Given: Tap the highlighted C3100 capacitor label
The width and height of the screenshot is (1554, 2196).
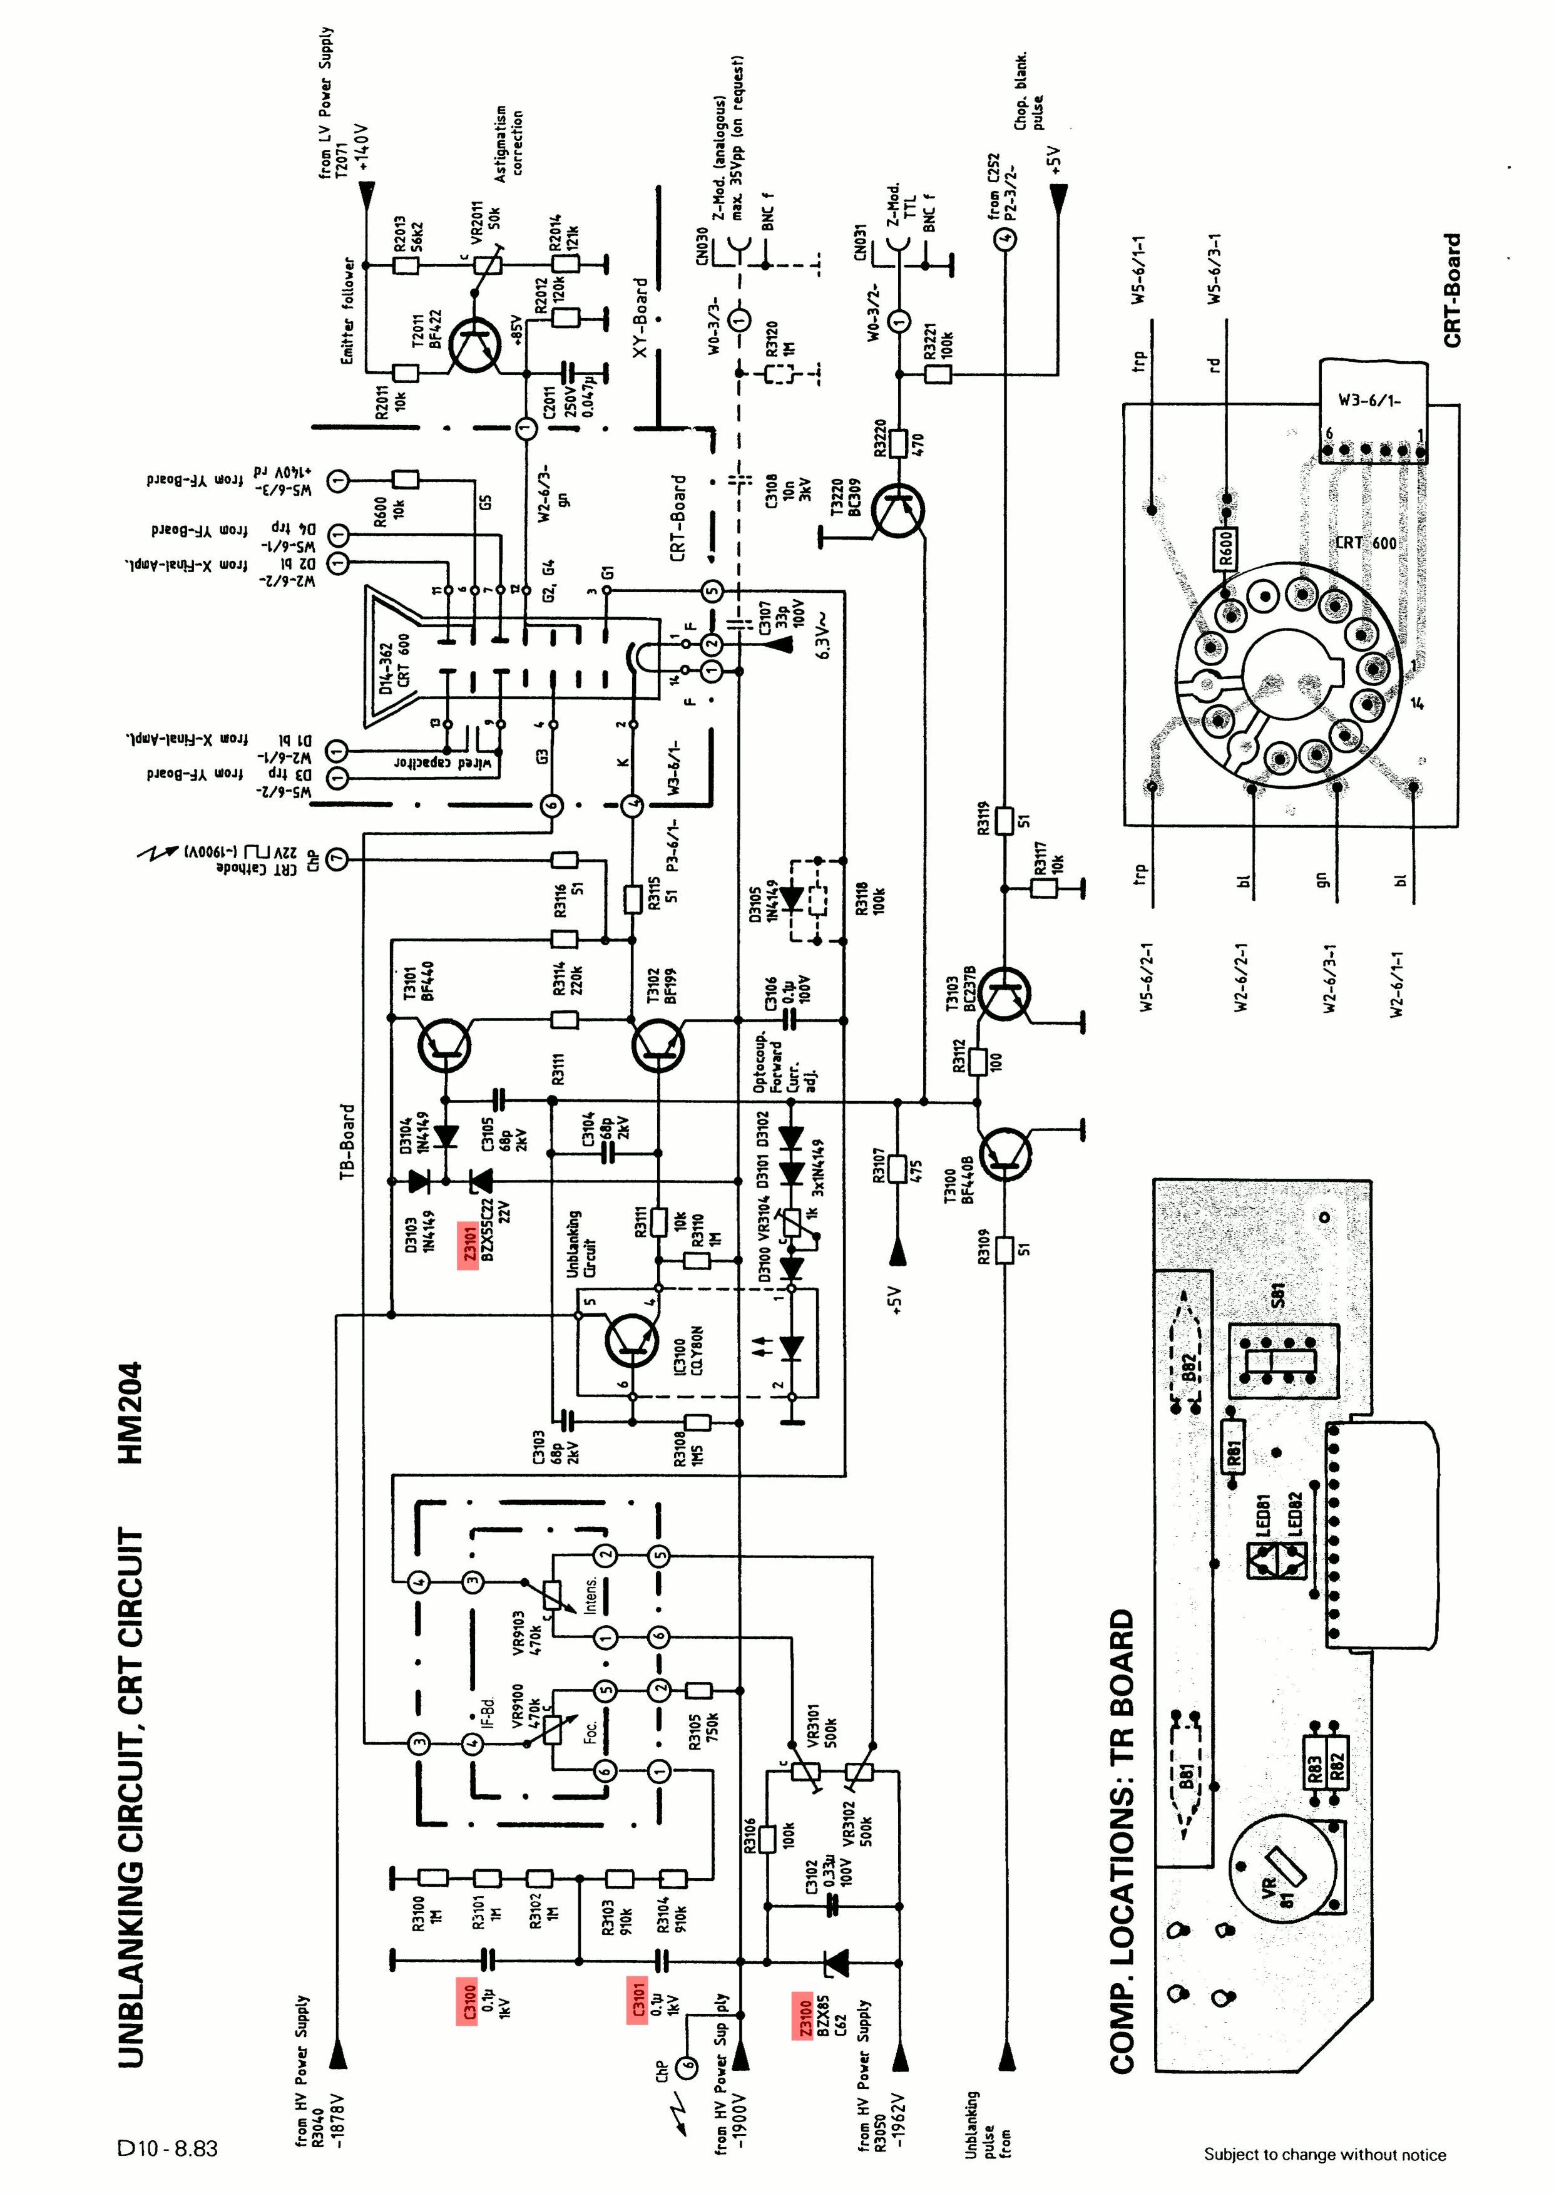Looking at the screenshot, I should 468,2000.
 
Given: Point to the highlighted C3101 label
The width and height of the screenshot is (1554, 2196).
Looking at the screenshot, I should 637,2000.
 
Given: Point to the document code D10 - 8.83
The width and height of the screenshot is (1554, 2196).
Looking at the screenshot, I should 168,2149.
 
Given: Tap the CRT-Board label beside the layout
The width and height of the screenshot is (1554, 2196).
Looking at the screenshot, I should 1453,291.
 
